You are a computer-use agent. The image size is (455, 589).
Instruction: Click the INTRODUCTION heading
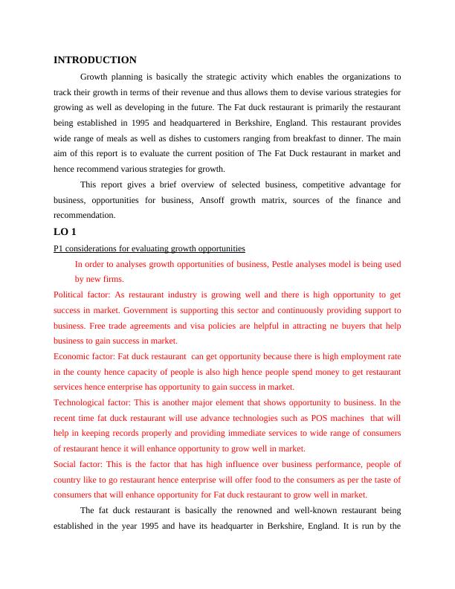click(95, 60)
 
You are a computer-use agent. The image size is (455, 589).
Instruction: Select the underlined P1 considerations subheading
click(149, 248)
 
